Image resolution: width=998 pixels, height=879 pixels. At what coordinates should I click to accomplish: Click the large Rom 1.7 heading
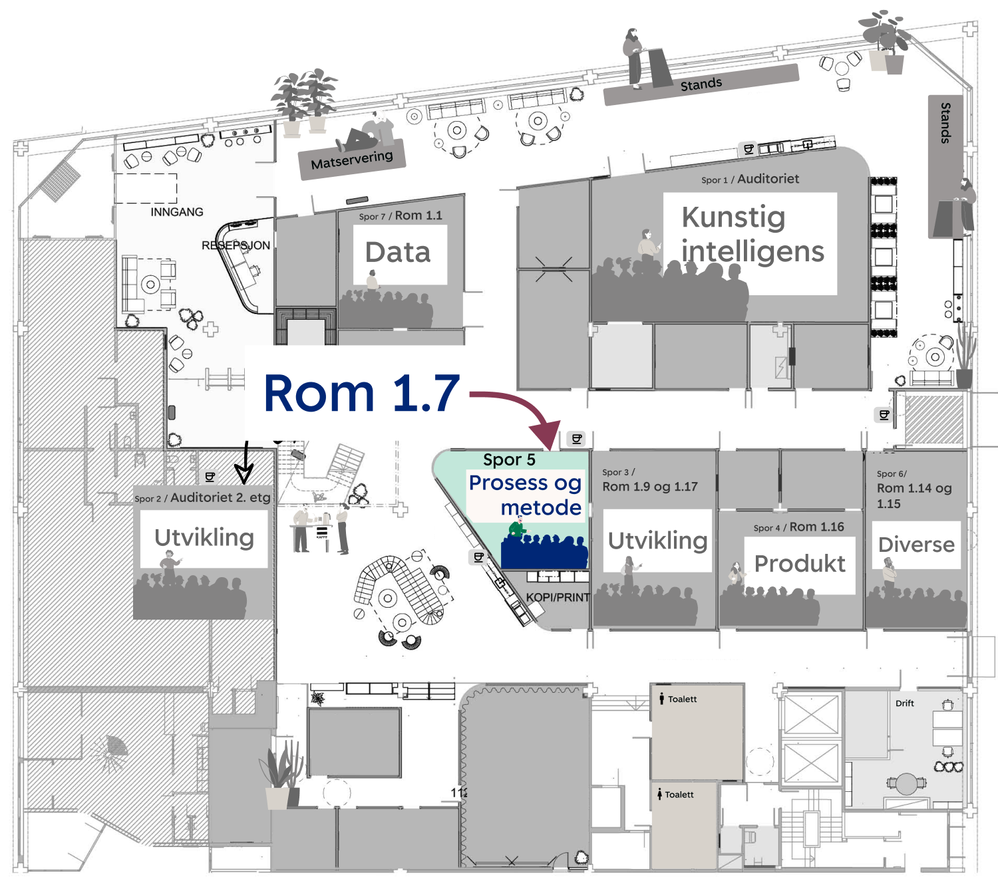(x=361, y=393)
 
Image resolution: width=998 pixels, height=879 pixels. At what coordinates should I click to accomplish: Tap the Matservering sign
(x=352, y=160)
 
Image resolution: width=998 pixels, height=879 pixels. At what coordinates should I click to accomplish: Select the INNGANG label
(x=177, y=212)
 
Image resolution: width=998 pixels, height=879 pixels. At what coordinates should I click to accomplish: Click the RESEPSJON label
(x=236, y=245)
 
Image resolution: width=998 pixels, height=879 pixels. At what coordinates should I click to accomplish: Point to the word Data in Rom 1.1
(x=398, y=253)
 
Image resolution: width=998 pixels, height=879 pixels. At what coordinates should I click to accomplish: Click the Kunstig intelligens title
(x=752, y=235)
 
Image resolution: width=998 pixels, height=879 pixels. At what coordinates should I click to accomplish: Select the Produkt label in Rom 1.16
(x=800, y=564)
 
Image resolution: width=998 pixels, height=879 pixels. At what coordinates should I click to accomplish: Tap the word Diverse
(x=916, y=545)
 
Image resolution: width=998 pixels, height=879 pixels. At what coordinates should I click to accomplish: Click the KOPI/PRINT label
(x=558, y=597)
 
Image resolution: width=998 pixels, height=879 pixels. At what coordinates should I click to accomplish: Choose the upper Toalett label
(x=682, y=699)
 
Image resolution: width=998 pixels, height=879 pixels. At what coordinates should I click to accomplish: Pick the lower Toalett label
(x=679, y=795)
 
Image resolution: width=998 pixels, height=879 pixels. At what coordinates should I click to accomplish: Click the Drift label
(x=904, y=703)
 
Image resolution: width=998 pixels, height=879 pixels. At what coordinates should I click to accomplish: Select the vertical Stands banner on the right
(x=945, y=123)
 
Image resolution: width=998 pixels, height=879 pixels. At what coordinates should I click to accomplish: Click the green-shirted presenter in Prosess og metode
(x=516, y=530)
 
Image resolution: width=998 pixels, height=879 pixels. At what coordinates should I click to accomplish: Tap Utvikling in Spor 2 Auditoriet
(x=204, y=537)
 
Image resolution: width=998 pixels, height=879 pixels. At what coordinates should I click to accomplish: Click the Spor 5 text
(x=509, y=460)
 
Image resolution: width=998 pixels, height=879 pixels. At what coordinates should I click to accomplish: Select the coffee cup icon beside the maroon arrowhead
(x=577, y=439)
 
